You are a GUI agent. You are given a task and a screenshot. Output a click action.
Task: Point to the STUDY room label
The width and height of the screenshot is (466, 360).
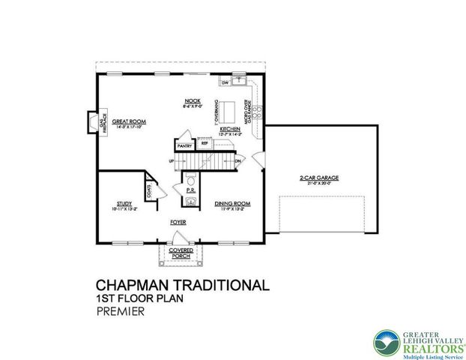point(124,202)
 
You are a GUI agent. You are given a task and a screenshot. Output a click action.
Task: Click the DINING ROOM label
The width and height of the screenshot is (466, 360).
point(232,202)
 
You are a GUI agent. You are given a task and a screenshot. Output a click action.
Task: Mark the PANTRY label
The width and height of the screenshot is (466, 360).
point(183,146)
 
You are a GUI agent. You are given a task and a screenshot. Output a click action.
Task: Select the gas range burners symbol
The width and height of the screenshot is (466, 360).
point(257,112)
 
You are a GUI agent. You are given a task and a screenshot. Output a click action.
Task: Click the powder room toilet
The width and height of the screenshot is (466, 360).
point(191,181)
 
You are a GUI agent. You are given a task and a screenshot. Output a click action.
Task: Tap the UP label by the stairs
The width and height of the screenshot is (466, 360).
point(172,160)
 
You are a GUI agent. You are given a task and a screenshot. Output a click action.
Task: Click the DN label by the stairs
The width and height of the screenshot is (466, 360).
point(237,160)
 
